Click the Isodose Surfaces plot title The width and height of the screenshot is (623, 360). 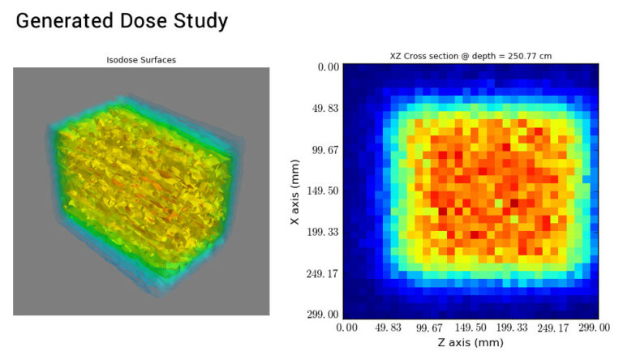click(x=141, y=60)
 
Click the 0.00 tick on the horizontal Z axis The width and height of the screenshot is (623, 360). click(x=346, y=327)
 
